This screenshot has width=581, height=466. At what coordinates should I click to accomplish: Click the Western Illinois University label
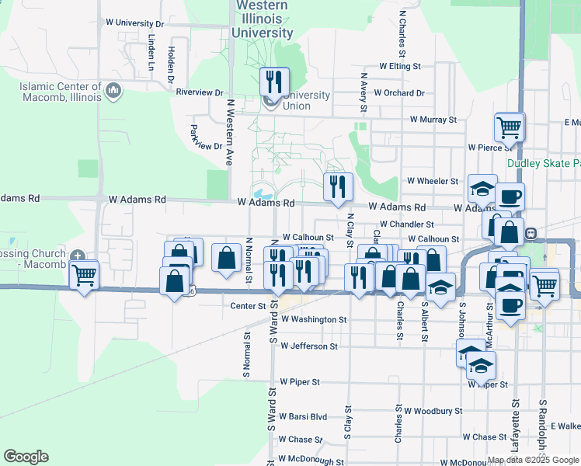[262, 19]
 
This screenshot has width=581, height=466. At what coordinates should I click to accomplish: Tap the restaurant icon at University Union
[273, 80]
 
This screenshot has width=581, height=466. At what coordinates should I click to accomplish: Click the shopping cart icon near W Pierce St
[509, 126]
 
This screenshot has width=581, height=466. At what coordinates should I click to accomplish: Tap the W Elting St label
[399, 67]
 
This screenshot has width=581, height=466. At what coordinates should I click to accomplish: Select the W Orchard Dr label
[399, 93]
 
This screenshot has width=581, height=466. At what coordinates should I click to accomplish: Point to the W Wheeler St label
[432, 181]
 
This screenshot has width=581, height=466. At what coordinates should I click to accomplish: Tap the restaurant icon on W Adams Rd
[338, 186]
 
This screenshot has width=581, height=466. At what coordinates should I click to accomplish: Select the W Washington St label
[314, 319]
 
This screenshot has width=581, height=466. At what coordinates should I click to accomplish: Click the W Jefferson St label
[309, 346]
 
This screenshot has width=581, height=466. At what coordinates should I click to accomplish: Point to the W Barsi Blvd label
[303, 416]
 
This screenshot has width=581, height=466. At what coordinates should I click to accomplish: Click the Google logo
[26, 457]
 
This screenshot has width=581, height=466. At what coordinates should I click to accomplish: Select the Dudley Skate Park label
[544, 164]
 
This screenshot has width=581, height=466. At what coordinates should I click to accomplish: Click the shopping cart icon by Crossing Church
[83, 274]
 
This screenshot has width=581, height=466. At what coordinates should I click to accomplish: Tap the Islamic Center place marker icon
[113, 92]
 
